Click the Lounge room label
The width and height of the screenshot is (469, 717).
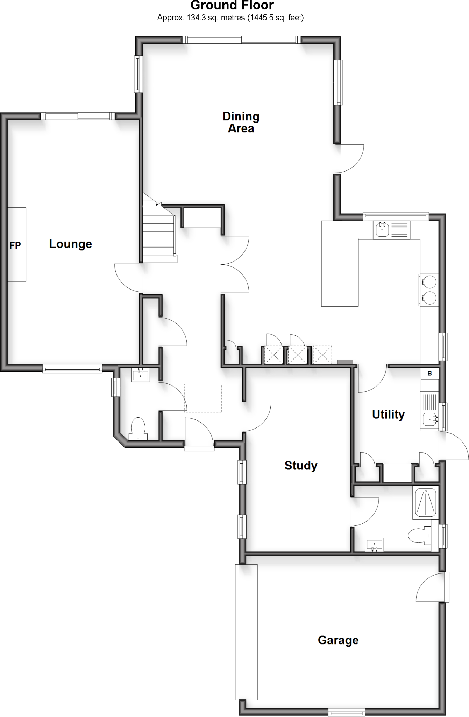coord(70,244)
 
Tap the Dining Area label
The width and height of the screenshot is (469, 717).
coord(241,122)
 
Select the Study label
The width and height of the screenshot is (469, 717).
coord(301,466)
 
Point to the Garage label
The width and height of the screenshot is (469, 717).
coord(338,640)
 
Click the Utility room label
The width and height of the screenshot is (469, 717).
coord(388,415)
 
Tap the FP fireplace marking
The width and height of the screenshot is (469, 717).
coord(15,245)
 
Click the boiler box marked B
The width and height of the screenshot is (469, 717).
coord(429,374)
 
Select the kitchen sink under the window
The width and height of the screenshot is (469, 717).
coord(382,230)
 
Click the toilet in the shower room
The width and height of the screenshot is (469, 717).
coord(418,536)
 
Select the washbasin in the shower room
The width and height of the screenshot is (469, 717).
coord(375,545)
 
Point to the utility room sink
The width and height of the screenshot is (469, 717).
coord(429,418)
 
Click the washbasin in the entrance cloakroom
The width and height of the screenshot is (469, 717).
coord(141,375)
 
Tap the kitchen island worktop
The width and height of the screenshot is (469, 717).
coord(340,263)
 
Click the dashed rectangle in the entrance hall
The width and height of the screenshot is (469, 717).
coord(203,398)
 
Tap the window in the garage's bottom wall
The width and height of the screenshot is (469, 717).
coord(347,712)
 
